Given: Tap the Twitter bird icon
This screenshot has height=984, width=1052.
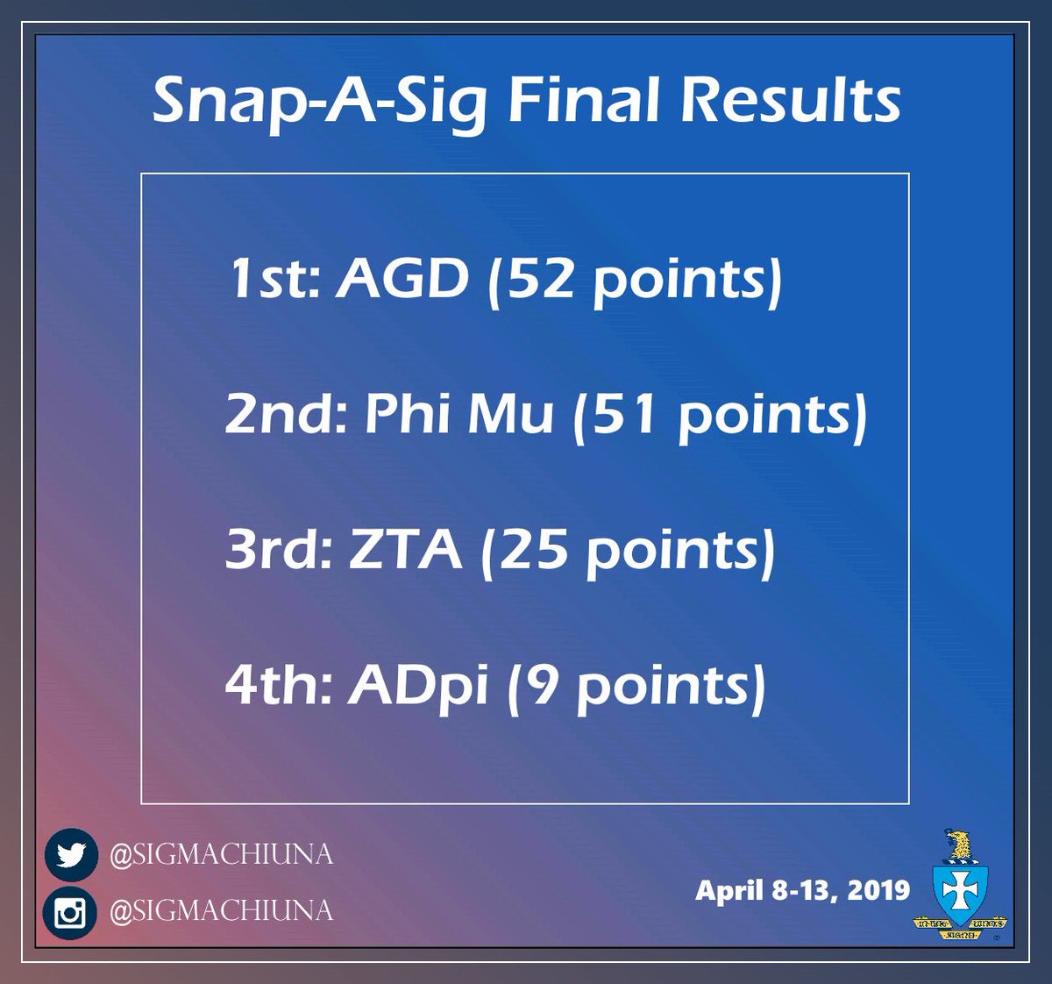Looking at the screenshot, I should tap(70, 854).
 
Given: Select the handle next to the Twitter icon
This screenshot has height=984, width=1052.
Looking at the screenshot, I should tap(220, 854).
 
